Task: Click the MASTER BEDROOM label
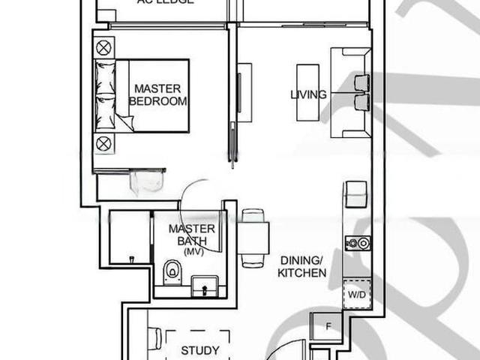(157, 94)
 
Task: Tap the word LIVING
(308, 94)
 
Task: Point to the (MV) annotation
(192, 251)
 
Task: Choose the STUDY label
(200, 350)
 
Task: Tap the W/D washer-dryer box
(357, 293)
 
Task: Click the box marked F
(327, 326)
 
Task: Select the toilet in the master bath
(173, 271)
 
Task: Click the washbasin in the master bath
(204, 285)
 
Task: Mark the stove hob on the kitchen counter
(357, 242)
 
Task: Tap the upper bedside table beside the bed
(103, 48)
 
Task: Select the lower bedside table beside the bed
(103, 142)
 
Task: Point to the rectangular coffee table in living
(307, 92)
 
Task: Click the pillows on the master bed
(105, 95)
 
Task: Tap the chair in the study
(154, 339)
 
